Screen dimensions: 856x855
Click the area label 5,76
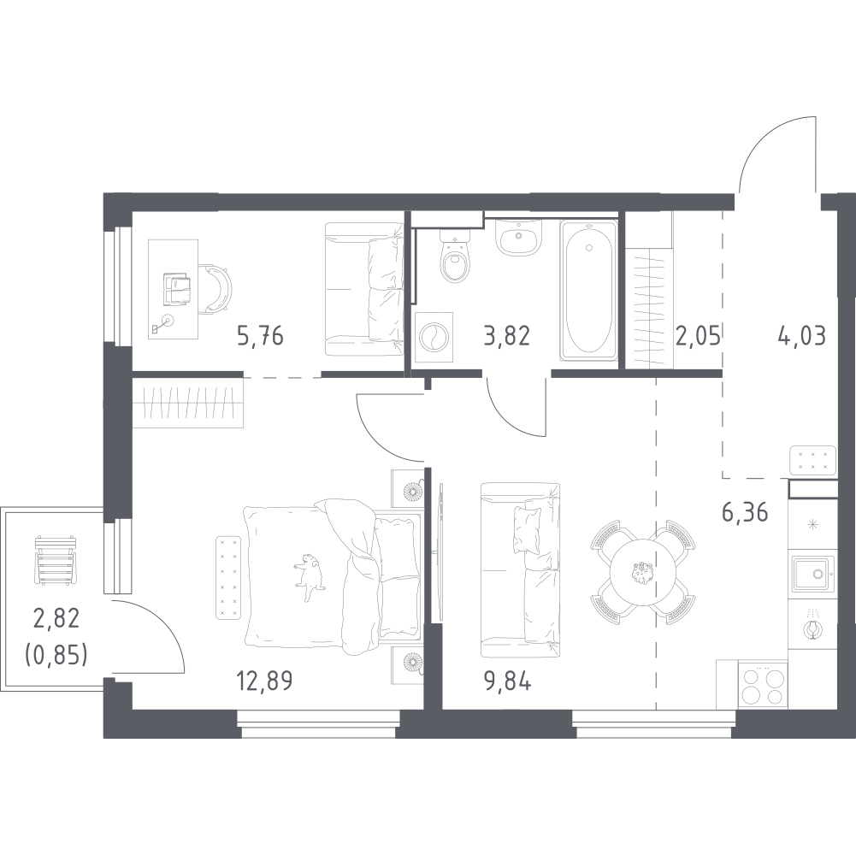[x=261, y=335]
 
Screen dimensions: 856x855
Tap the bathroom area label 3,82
[x=506, y=335]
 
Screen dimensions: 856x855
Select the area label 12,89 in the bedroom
[x=264, y=681]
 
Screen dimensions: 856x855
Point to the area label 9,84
[x=508, y=681]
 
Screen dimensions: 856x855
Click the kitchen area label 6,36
[x=745, y=512]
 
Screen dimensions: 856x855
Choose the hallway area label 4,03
[x=801, y=335]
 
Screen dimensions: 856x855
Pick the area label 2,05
[x=699, y=335]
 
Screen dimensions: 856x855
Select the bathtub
[x=588, y=290]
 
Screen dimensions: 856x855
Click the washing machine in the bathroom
[x=434, y=337]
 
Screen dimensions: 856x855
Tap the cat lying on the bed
[x=309, y=576]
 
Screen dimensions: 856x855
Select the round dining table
[x=642, y=571]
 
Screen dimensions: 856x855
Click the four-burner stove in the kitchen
[x=763, y=685]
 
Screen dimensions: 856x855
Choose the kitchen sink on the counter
[x=813, y=573]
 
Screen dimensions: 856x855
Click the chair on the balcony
[x=55, y=561]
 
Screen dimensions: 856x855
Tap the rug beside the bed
[x=228, y=578]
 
